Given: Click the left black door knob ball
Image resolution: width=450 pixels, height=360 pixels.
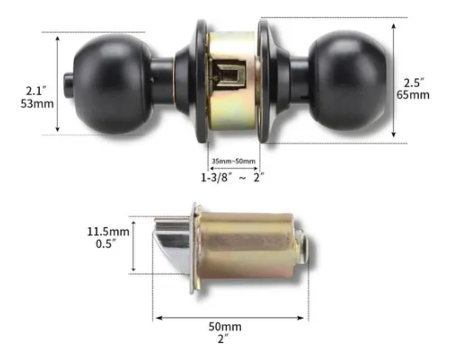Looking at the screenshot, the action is [113, 84].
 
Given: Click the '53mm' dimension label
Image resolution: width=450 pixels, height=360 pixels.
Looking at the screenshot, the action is [37, 104].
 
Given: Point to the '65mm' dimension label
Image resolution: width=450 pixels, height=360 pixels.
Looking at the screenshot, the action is [413, 95].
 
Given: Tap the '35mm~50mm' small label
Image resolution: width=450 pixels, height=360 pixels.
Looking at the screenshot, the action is [233, 161].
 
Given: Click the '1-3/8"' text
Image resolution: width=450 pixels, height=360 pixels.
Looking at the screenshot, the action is [216, 178].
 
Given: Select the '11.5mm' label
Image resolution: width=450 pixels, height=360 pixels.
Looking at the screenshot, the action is [108, 231].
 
